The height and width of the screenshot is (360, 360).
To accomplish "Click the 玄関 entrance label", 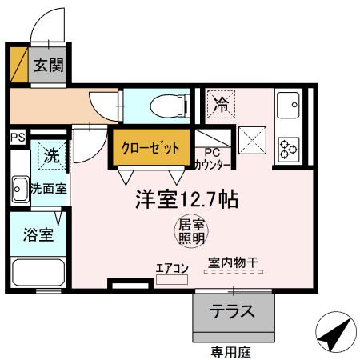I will [47, 65].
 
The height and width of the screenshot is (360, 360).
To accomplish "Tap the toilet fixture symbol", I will [163, 103].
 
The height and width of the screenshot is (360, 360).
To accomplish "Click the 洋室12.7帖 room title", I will [186, 199].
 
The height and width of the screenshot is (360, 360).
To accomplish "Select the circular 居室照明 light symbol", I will [190, 230].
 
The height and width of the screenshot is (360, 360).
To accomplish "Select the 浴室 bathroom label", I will [38, 235].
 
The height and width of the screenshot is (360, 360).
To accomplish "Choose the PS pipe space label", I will [17, 137].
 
